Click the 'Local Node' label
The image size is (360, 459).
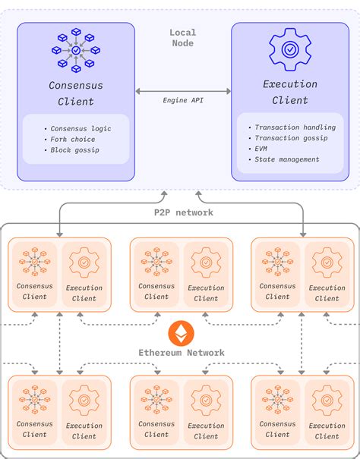click(x=182, y=38)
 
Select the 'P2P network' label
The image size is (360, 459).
click(x=183, y=212)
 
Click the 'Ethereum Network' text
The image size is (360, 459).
click(x=182, y=352)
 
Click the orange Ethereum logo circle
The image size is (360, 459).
click(x=182, y=332)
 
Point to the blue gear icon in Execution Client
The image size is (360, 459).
click(x=289, y=49)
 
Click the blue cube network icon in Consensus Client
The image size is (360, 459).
click(x=76, y=49)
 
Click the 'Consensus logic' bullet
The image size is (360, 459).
click(x=78, y=128)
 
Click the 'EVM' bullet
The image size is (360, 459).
click(x=263, y=149)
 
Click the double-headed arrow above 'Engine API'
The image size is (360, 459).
click(x=183, y=91)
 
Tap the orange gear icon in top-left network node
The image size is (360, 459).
click(x=84, y=263)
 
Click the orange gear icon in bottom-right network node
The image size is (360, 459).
click(x=327, y=400)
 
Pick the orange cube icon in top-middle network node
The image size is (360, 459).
click(x=157, y=263)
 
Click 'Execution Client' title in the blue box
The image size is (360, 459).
click(x=289, y=93)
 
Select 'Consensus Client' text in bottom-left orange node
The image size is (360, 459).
click(x=35, y=429)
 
